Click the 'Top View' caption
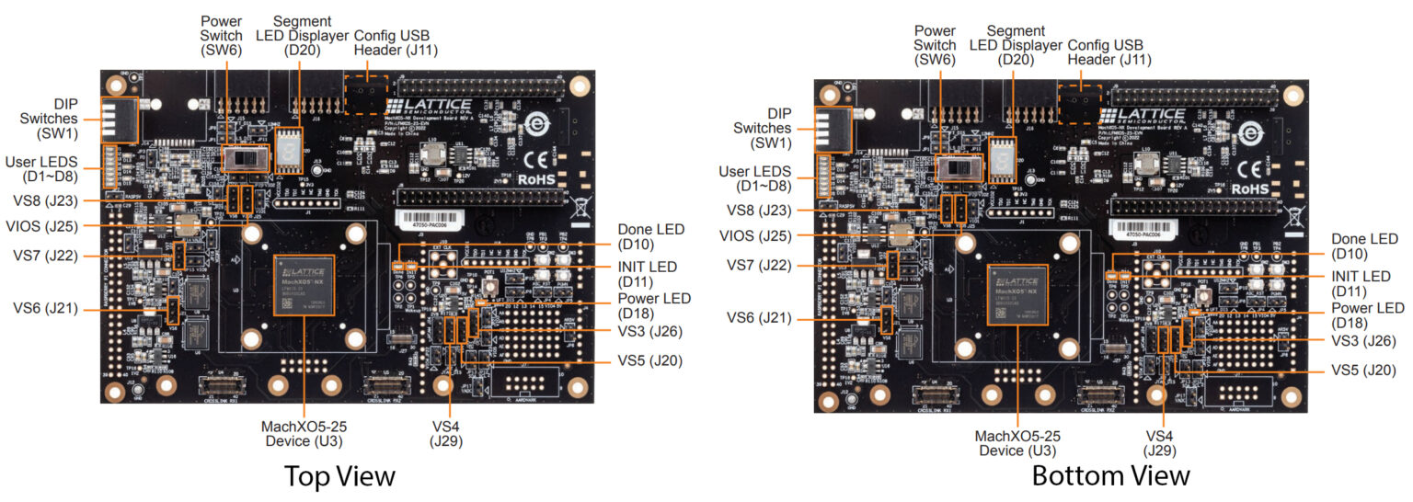pos(339,475)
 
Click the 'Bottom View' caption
pos(1110,475)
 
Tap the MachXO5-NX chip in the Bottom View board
pos(1018,294)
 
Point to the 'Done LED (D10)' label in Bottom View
pos(1364,246)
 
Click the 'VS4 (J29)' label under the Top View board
pos(450,433)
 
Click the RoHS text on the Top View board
pos(531,181)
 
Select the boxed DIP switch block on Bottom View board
pos(833,130)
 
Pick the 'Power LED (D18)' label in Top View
pos(653,306)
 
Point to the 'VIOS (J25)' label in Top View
pos(41,226)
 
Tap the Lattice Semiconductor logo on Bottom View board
pos(1142,117)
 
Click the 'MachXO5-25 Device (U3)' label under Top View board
pos(304,433)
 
